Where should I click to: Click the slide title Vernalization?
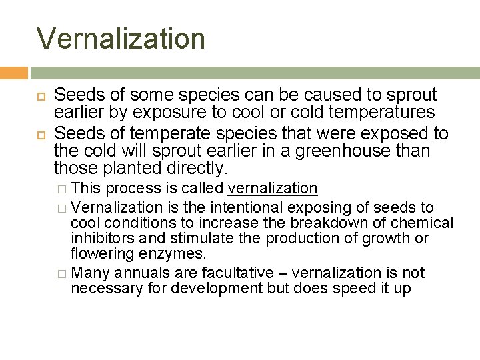(x=121, y=38)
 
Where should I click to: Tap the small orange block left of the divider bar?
(x=14, y=73)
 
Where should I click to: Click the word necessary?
(x=101, y=288)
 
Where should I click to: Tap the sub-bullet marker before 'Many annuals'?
(x=61, y=273)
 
